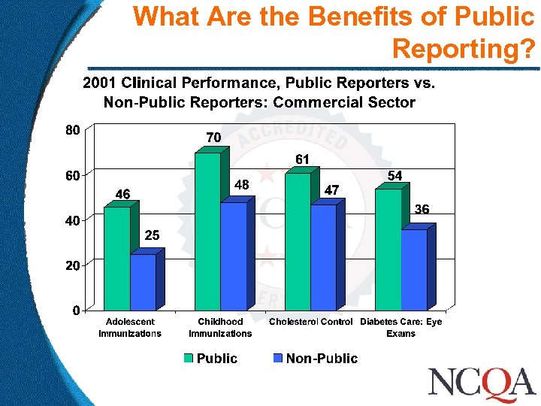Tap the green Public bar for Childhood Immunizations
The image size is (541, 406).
[x=207, y=231]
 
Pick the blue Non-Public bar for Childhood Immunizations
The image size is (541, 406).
[x=233, y=256]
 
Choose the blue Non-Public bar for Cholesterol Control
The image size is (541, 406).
[x=323, y=257]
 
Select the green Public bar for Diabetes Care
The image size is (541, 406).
[x=388, y=249]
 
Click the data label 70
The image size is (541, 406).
[x=213, y=138]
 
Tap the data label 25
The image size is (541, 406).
[x=152, y=235]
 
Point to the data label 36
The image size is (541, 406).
[x=422, y=210]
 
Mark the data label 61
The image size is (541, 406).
[x=302, y=159]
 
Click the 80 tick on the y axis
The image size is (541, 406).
[x=71, y=129]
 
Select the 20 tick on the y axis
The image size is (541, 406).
[x=71, y=265]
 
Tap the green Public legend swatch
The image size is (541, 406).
[x=189, y=359]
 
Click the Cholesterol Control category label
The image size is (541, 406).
[x=310, y=322]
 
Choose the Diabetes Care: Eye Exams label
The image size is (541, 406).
[x=401, y=327]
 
